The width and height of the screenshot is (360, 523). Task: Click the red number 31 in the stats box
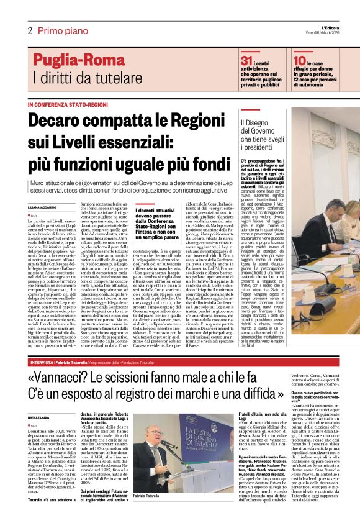coord(246,60)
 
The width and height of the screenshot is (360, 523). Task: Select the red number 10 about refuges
coord(299,60)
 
